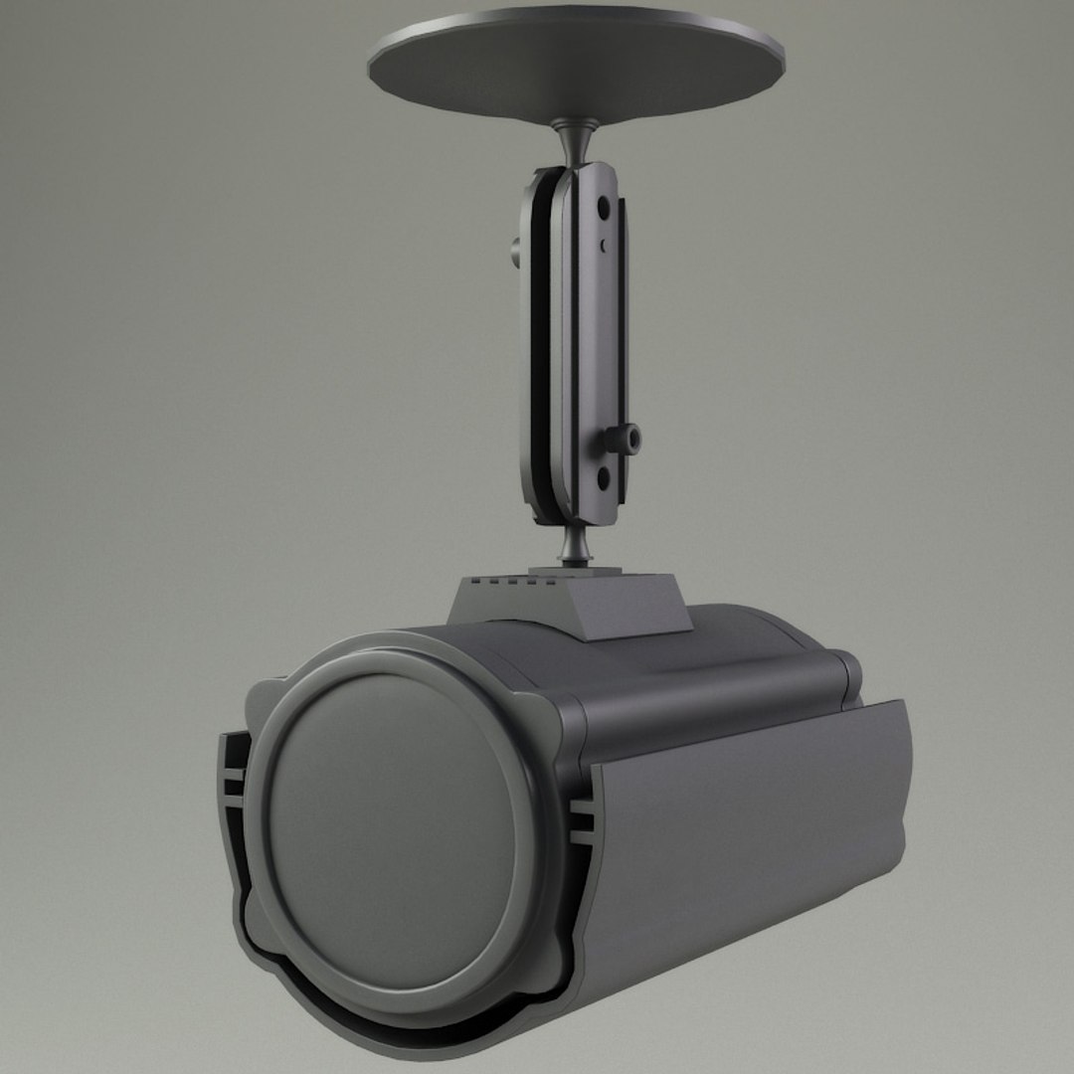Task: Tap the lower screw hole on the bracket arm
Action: pos(603,477)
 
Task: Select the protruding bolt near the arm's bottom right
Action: pos(626,438)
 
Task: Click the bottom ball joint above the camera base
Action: pos(574,545)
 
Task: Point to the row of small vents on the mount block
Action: pos(508,581)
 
